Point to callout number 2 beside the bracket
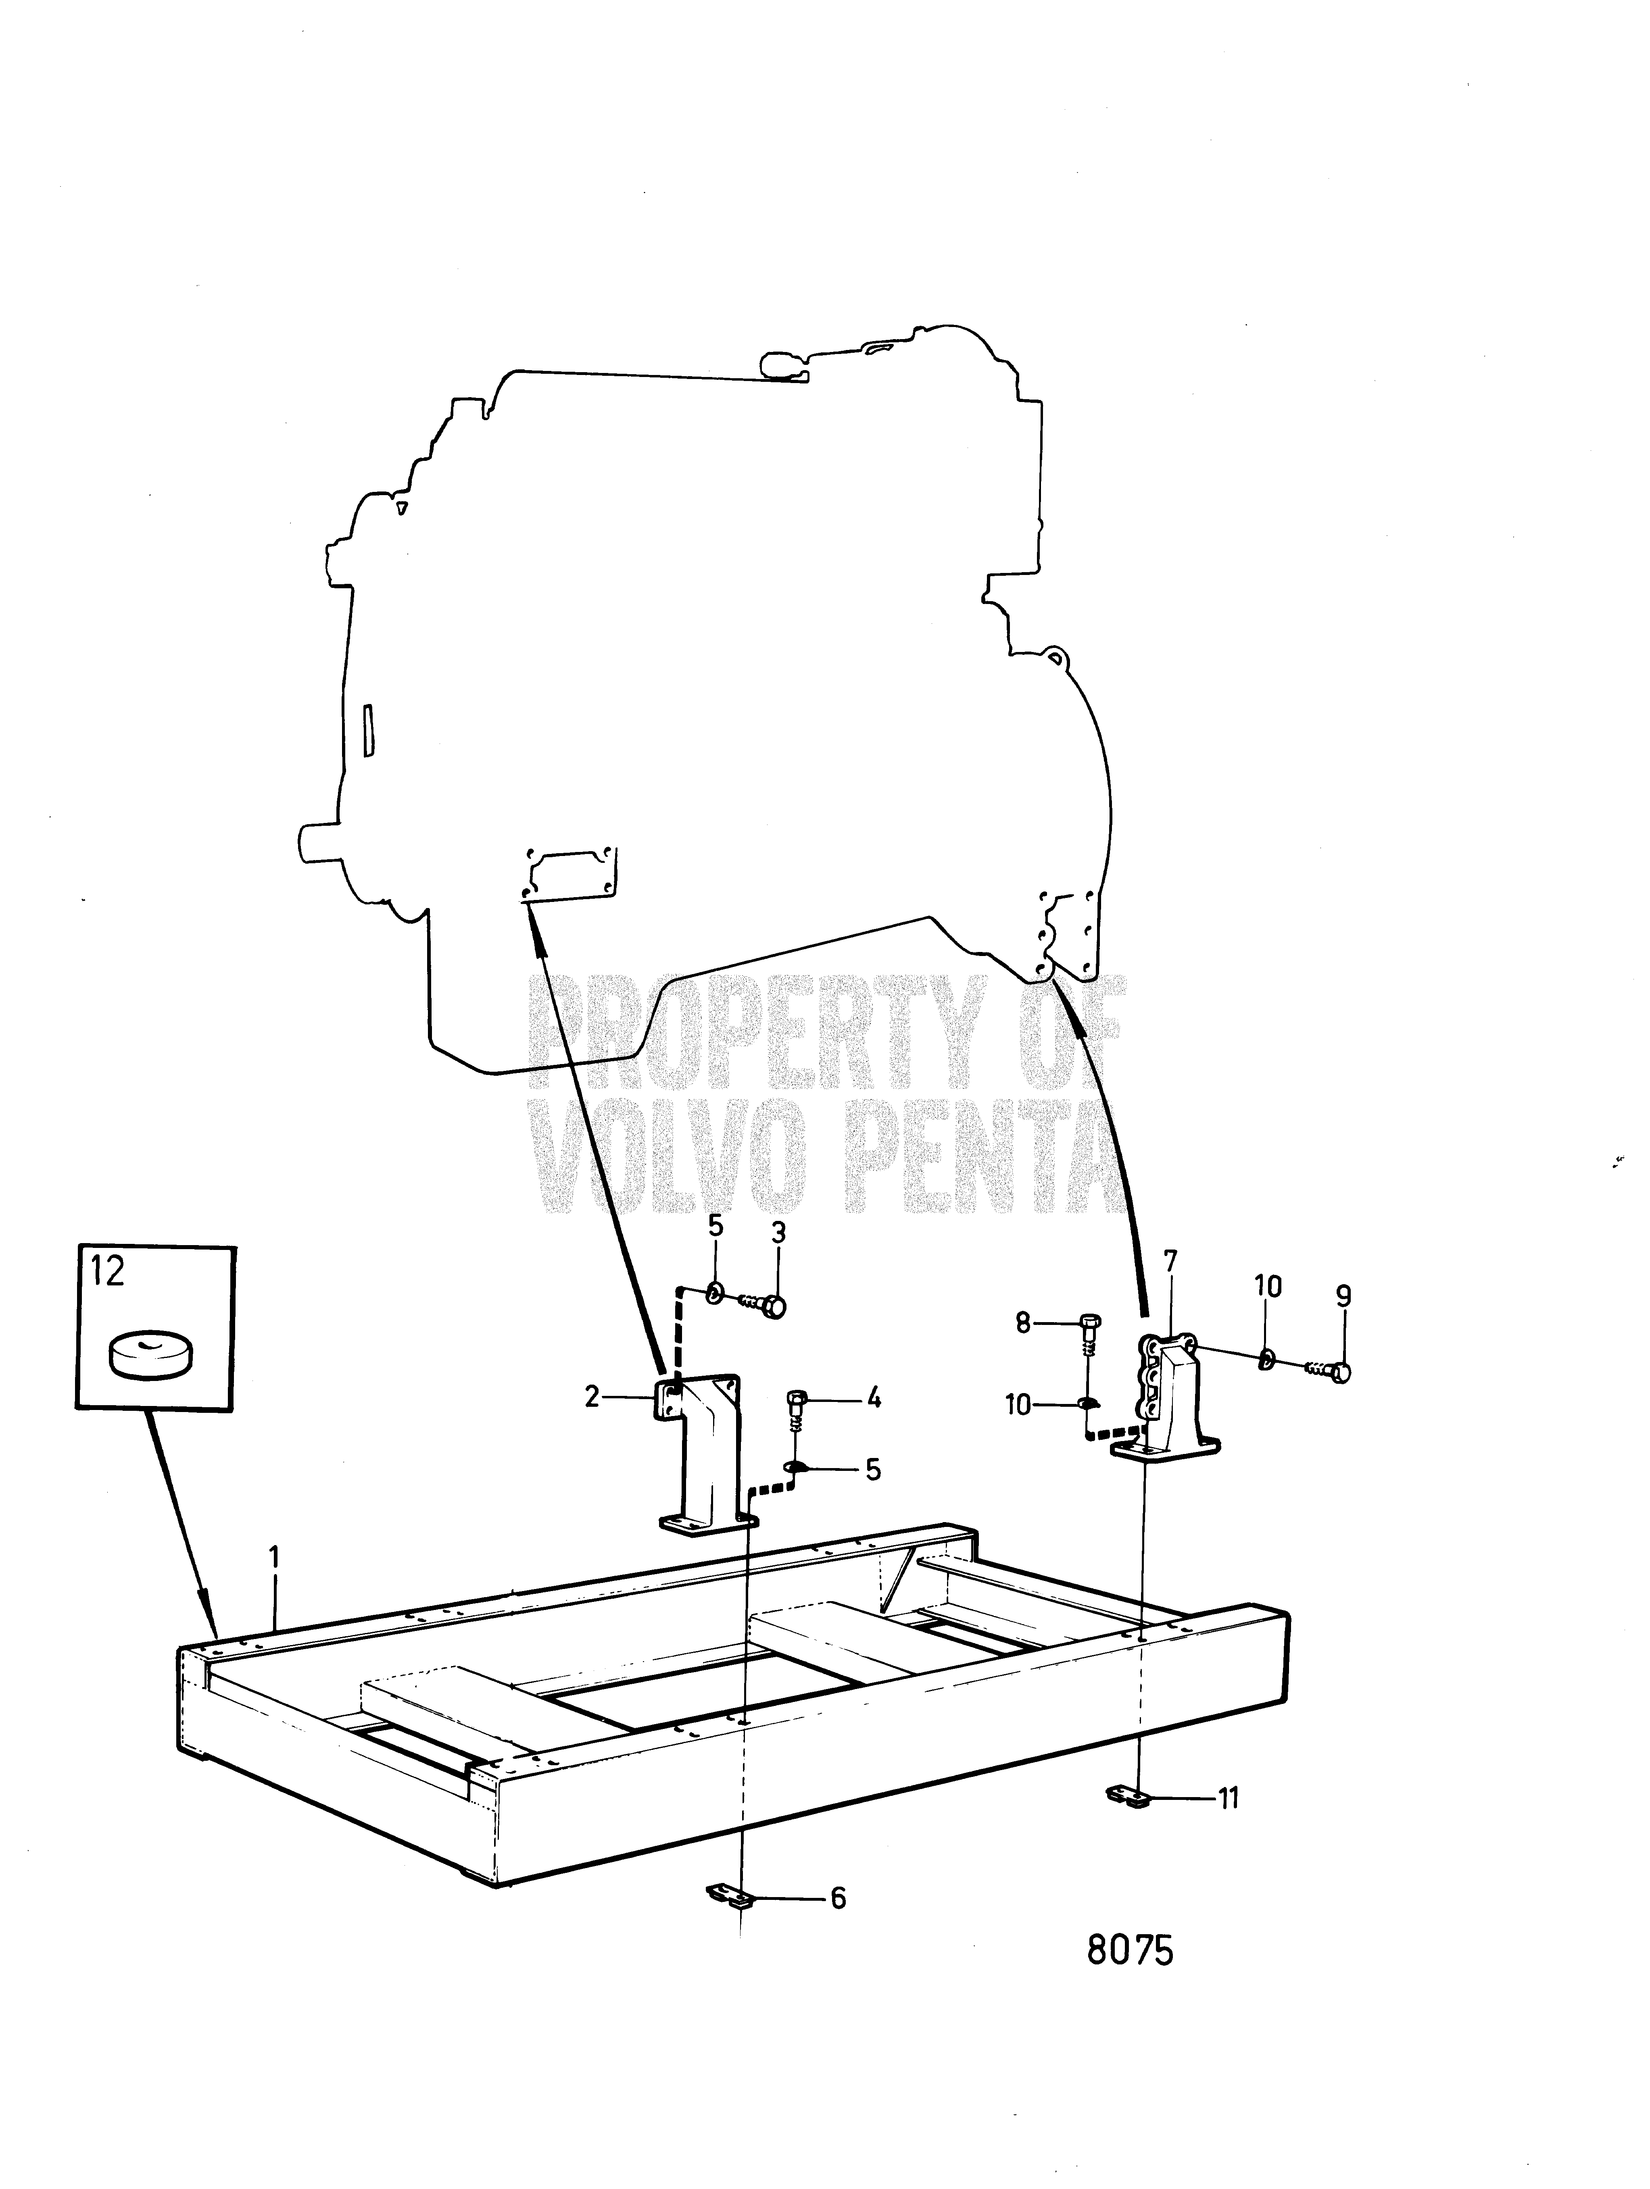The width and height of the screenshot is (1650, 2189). point(592,1398)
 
